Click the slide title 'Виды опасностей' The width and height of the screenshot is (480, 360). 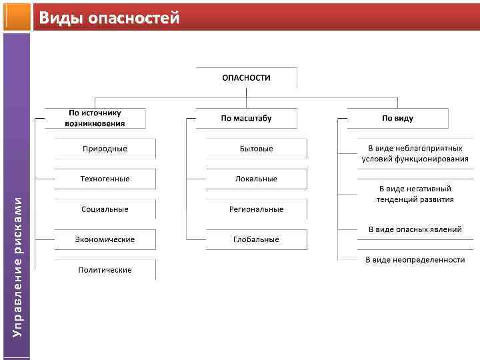point(109,18)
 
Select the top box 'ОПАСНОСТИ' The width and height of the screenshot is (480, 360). point(246,77)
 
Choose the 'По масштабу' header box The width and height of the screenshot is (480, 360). point(246,118)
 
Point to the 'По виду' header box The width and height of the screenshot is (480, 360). point(397,118)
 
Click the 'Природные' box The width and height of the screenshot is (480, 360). point(105,149)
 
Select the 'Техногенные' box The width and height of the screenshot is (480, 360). point(105,179)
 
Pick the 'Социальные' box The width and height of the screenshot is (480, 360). point(105,209)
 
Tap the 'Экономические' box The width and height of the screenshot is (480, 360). point(105,239)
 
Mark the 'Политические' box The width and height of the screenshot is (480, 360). point(105,270)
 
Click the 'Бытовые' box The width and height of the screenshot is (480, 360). point(256,149)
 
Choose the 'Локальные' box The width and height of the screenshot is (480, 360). point(256,179)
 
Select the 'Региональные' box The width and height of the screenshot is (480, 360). point(256,209)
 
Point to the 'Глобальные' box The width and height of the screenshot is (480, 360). point(256,239)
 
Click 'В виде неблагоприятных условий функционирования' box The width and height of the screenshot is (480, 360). point(415,153)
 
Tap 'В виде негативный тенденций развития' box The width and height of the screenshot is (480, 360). point(415,194)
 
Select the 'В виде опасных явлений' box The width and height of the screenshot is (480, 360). point(415,229)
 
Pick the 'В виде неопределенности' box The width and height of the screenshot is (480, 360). point(415,259)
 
